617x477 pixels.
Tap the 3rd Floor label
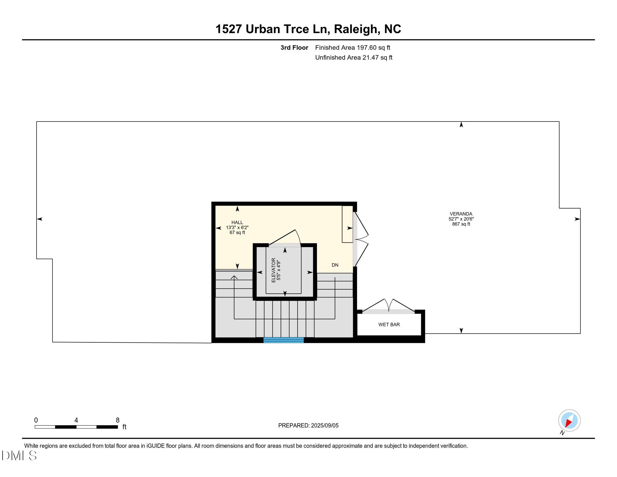[x=294, y=48]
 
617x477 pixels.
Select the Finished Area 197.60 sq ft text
[x=352, y=48]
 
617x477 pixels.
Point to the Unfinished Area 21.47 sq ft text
[x=353, y=58]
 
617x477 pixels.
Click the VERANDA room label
[x=461, y=214]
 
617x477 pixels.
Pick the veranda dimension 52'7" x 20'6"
[x=461, y=219]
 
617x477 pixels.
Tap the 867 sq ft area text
[x=461, y=224]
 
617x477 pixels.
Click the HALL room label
[x=237, y=223]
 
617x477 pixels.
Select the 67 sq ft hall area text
[x=237, y=233]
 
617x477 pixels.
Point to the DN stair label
[x=335, y=265]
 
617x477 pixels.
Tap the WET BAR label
[x=389, y=325]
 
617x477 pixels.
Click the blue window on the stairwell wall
[x=283, y=340]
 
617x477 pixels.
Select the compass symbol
[x=569, y=421]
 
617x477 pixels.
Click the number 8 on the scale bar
[x=118, y=420]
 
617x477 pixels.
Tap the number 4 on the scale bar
[x=76, y=420]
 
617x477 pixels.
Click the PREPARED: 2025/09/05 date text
[x=308, y=426]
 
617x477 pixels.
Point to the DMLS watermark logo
[x=19, y=455]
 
